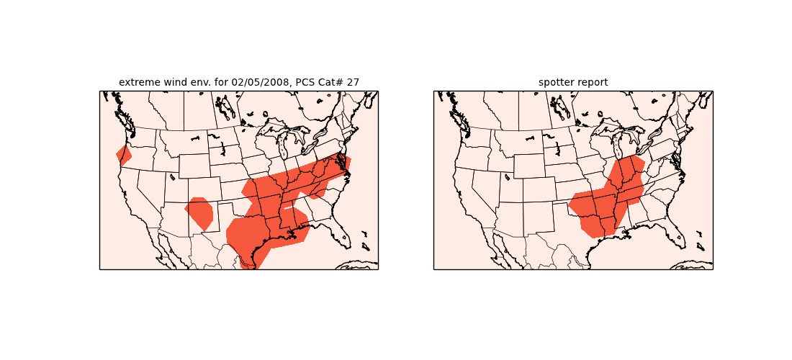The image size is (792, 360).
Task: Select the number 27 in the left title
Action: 352,82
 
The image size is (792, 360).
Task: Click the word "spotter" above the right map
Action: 556,82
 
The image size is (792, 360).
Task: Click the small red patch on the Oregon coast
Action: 123,155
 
